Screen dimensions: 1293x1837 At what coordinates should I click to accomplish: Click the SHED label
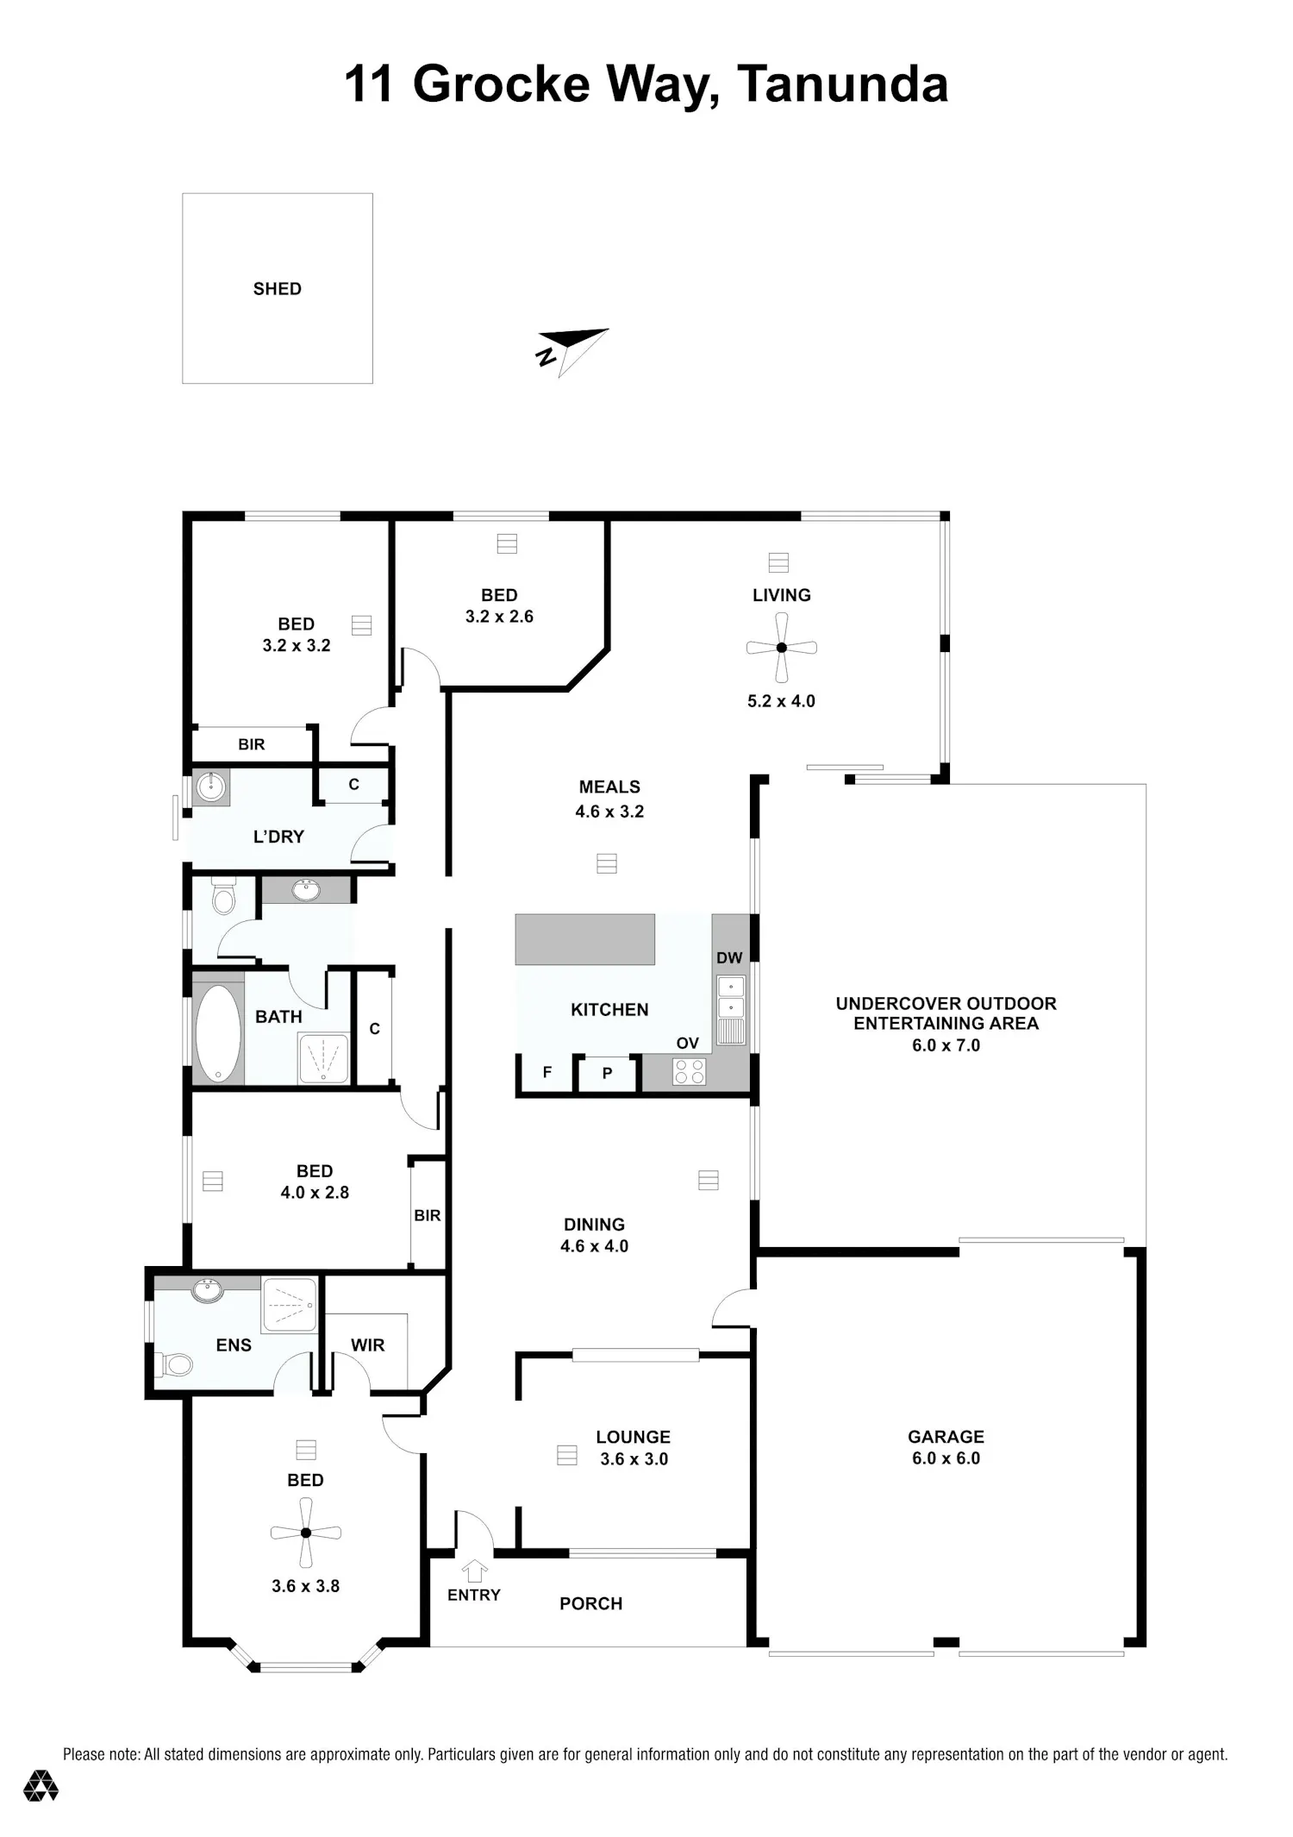tap(277, 289)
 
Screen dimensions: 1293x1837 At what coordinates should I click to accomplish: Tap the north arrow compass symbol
tap(572, 348)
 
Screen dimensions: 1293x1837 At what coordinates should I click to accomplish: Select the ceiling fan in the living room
tap(781, 647)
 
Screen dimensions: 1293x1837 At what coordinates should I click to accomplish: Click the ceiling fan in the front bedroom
tap(305, 1533)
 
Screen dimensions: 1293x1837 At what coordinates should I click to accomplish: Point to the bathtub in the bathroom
tap(218, 1033)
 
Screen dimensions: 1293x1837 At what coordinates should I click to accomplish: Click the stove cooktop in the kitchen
tap(689, 1071)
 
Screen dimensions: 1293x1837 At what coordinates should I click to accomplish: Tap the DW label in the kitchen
tap(729, 957)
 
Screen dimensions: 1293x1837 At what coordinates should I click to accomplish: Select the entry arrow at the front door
tap(474, 1571)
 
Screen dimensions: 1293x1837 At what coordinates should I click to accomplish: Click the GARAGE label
tap(946, 1436)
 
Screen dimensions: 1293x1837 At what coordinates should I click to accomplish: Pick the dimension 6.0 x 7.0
tap(946, 1045)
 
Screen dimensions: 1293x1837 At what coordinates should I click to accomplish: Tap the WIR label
tap(367, 1345)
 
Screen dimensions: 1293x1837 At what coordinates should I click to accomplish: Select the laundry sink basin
tap(211, 787)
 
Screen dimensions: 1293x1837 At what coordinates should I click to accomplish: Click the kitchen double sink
tap(731, 1010)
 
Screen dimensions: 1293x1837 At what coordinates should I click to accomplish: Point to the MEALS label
tap(609, 787)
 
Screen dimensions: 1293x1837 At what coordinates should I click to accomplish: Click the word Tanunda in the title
tap(842, 85)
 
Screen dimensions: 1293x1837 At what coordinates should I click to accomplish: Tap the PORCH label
tap(590, 1603)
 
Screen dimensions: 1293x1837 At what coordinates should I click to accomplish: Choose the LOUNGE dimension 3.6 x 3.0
tap(634, 1458)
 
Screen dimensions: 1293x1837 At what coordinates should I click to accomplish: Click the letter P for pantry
tap(607, 1074)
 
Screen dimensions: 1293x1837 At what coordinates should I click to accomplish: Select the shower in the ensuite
tap(290, 1304)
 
